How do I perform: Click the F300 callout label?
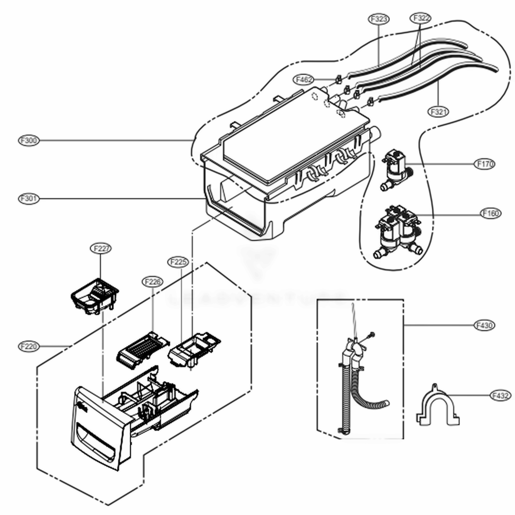(x=29, y=140)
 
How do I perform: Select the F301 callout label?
(x=29, y=198)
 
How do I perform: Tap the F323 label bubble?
(x=379, y=19)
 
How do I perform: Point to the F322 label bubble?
(x=420, y=18)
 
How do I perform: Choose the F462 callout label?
(x=304, y=80)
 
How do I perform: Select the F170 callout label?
(x=485, y=164)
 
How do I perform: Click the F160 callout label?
(x=490, y=213)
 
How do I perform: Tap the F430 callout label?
(x=484, y=325)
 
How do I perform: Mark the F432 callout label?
(x=500, y=396)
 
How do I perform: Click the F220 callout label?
(x=29, y=346)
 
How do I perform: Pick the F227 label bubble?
(x=101, y=248)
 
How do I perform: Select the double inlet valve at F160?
(x=397, y=230)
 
